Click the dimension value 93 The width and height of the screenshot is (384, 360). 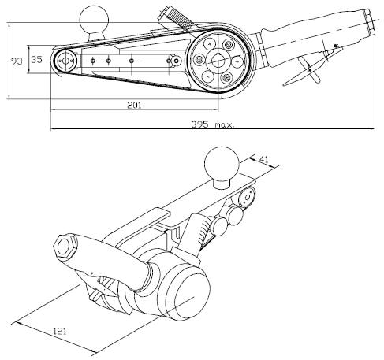[x=17, y=61]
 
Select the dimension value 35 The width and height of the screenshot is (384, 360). [x=36, y=60]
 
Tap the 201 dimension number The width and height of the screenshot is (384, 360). [x=134, y=106]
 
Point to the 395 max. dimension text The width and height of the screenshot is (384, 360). [x=213, y=124]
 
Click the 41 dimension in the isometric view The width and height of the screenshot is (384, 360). [x=264, y=159]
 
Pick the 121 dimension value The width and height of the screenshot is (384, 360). [x=60, y=331]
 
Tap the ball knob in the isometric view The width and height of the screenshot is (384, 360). [x=222, y=164]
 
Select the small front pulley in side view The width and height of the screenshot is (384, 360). [x=65, y=61]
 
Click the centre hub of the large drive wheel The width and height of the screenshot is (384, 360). [x=218, y=61]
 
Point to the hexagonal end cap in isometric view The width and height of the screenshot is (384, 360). [x=65, y=247]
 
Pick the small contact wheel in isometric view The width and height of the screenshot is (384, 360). [x=247, y=197]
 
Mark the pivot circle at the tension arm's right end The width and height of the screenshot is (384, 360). [x=177, y=61]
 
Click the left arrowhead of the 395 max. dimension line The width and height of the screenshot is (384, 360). [x=52, y=129]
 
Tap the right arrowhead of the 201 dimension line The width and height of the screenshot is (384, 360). [x=216, y=109]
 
